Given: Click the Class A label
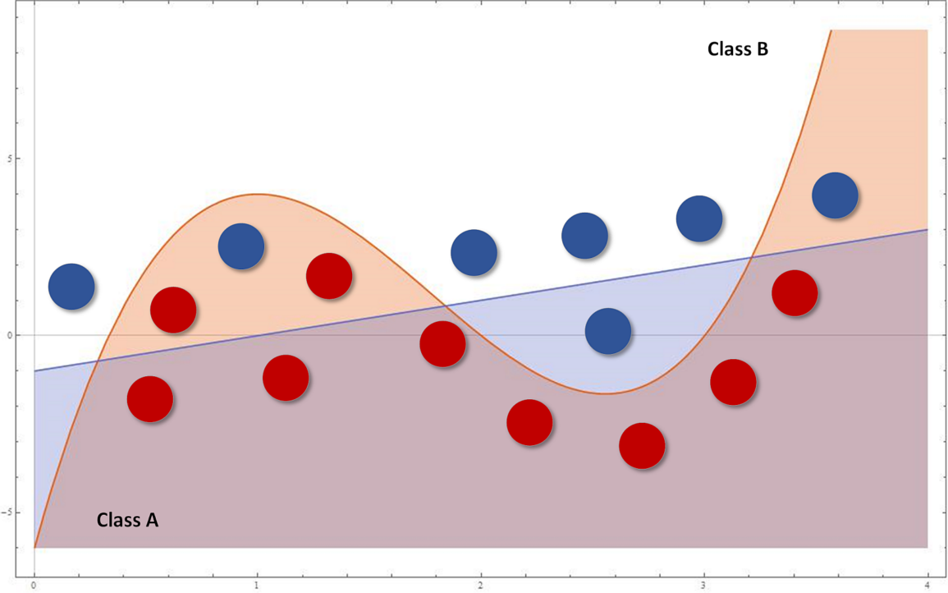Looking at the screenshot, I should tap(127, 520).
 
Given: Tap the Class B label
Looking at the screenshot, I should tap(737, 49).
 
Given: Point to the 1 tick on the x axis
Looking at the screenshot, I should tap(257, 584).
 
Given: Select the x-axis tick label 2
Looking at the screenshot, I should tap(481, 584).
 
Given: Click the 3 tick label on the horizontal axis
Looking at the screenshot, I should tap(704, 584).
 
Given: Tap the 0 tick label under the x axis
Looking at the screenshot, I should tap(34, 584).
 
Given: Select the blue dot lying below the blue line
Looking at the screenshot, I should tap(608, 332).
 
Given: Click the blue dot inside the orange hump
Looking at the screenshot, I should tap(241, 246).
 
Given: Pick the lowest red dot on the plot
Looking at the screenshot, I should tap(642, 446).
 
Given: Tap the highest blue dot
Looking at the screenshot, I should tap(835, 195).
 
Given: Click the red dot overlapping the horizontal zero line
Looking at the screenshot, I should tap(442, 344).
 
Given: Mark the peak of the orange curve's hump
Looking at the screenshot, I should tap(259, 194).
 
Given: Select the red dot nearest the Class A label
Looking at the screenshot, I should tap(150, 399).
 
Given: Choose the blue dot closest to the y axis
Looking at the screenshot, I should tap(71, 287).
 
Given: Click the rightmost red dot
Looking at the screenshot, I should tap(795, 293).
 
